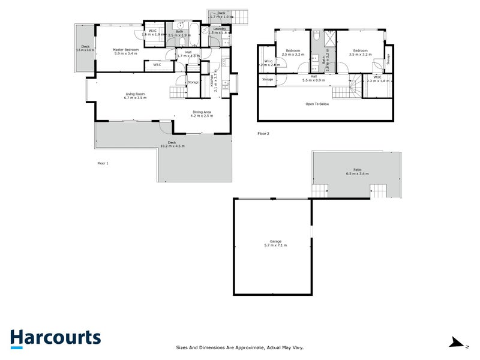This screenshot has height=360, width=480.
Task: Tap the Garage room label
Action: pyautogui.click(x=275, y=242)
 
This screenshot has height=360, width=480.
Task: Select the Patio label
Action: pyautogui.click(x=357, y=170)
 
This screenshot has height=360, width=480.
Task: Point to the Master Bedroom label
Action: pyautogui.click(x=127, y=49)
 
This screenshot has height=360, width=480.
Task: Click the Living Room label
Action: pyautogui.click(x=136, y=94)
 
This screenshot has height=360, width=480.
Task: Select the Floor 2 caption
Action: pyautogui.click(x=263, y=133)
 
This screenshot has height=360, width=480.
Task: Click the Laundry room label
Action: pyautogui.click(x=218, y=29)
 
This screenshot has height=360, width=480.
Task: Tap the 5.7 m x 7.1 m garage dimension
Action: pyautogui.click(x=275, y=246)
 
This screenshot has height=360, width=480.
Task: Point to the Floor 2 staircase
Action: pyautogui.click(x=347, y=89)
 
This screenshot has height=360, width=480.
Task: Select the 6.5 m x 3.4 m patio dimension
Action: pyautogui.click(x=357, y=174)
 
